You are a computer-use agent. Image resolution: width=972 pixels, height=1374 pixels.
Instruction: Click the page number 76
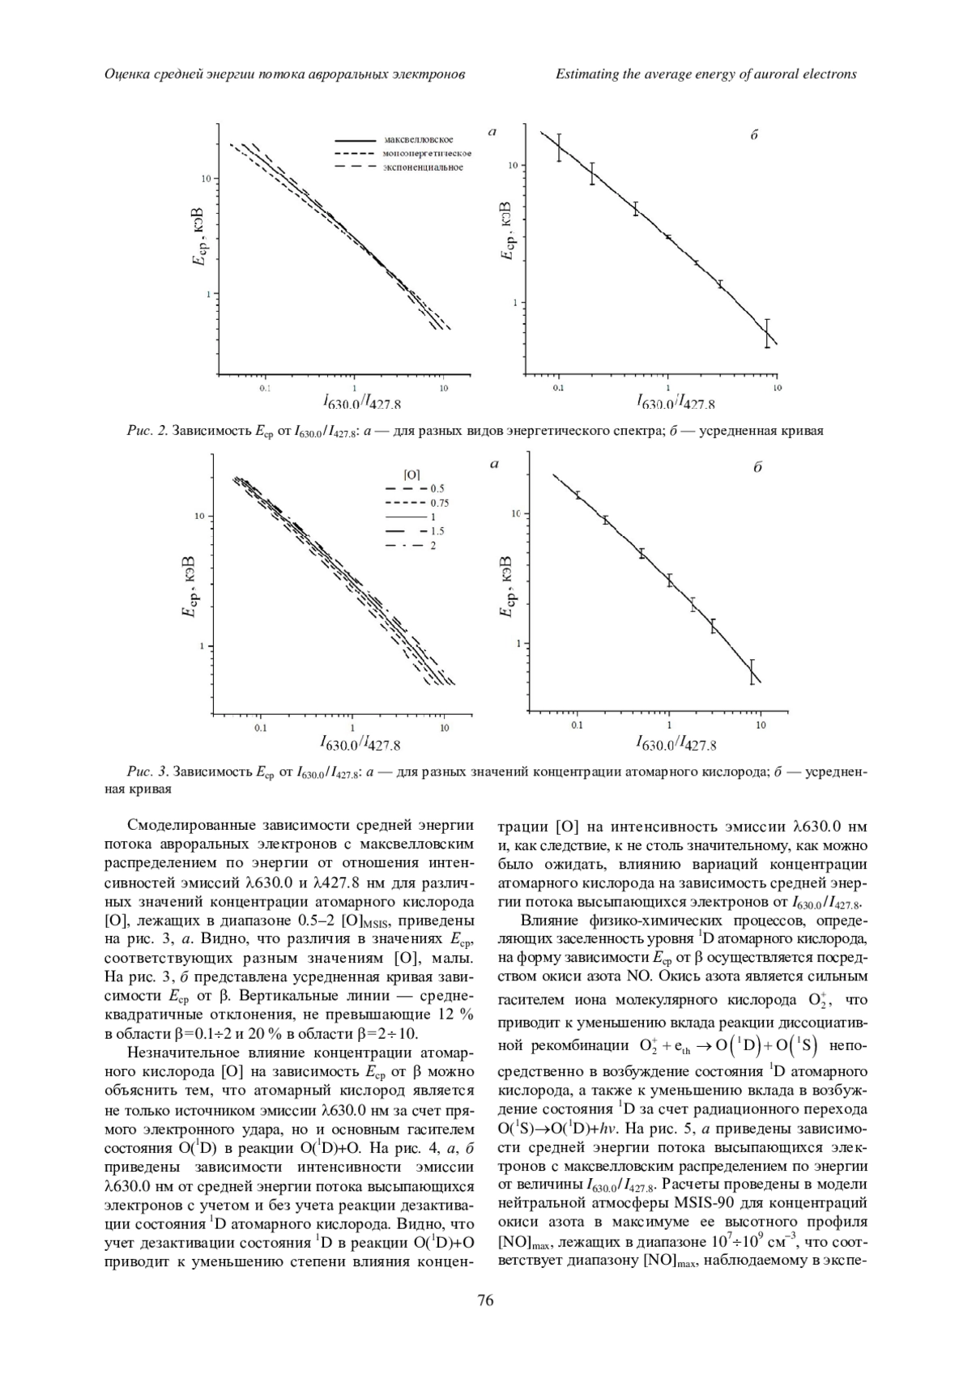pyautogui.click(x=485, y=1324)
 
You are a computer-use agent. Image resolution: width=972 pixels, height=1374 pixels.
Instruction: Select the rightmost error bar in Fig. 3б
pyautogui.click(x=752, y=672)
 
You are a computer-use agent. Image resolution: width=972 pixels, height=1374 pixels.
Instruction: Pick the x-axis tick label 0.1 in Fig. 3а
pyautogui.click(x=260, y=728)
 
